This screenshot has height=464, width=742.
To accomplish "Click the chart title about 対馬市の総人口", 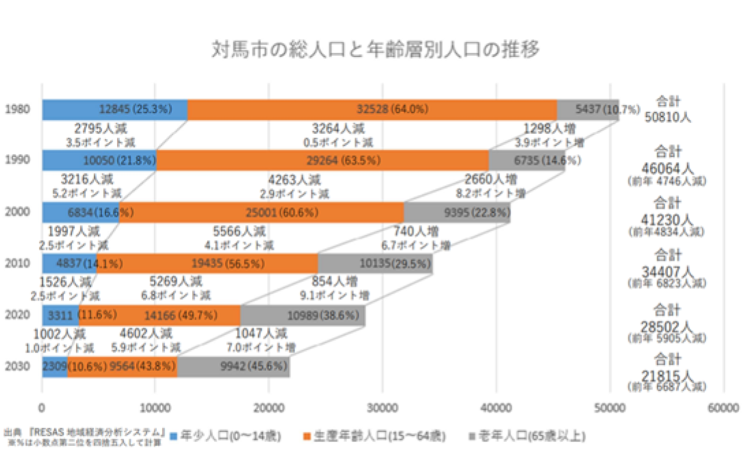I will [x=376, y=50].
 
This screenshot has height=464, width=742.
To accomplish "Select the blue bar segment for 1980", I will [x=114, y=109].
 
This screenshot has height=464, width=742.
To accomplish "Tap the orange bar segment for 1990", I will [x=322, y=160].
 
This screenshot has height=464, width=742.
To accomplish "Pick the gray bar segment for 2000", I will [x=457, y=212].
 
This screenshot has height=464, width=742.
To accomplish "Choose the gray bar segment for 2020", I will [x=302, y=315].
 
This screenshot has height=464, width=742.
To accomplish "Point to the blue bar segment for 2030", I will [x=54, y=367].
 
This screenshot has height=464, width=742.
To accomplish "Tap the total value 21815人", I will [x=668, y=375].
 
